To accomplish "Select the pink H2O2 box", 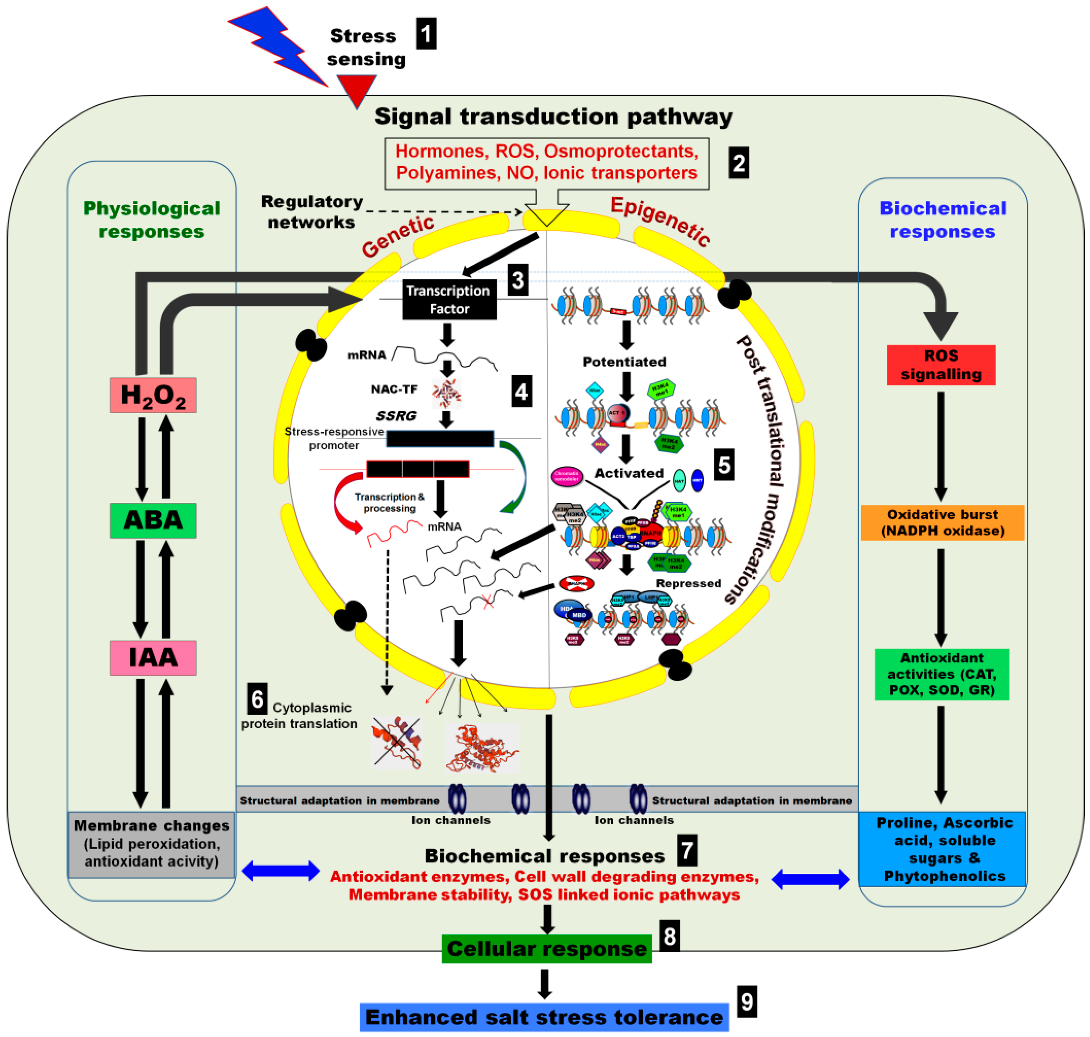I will coord(153,395).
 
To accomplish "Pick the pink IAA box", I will coord(153,657).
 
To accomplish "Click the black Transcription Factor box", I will coord(449,300).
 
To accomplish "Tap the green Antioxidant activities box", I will coord(941,674).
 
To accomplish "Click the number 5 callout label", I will coord(724,464).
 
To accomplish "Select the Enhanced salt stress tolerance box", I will coord(544,1017).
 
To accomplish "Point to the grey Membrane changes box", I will coord(151,844).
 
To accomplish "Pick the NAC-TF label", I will coord(394,389).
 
